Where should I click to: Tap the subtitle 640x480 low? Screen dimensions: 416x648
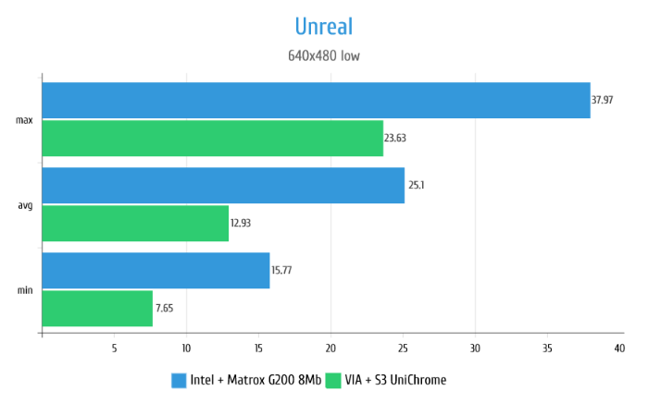pos(323,55)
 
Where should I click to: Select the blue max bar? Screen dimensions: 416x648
pos(316,100)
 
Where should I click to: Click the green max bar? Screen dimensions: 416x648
pos(212,138)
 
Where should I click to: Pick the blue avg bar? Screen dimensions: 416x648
pos(223,185)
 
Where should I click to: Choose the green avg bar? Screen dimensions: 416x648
pos(135,223)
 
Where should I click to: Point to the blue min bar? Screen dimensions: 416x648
pos(156,270)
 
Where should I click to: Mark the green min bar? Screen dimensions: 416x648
pos(97,308)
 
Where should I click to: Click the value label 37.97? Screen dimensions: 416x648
pos(603,100)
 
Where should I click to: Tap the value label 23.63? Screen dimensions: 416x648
pos(395,138)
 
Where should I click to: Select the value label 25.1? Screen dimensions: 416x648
pos(416,185)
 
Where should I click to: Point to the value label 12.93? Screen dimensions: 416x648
pos(241,223)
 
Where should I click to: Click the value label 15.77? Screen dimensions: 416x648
pos(281,270)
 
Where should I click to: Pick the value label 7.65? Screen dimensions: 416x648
pos(164,308)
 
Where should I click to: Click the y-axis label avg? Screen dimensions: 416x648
pos(25,204)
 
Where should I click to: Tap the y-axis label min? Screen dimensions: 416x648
pos(25,289)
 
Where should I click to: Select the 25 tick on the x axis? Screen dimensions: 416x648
pos(403,348)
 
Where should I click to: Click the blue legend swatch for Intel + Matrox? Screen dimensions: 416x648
pos(180,380)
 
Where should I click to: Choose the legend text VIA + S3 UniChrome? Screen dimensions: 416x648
pos(394,380)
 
